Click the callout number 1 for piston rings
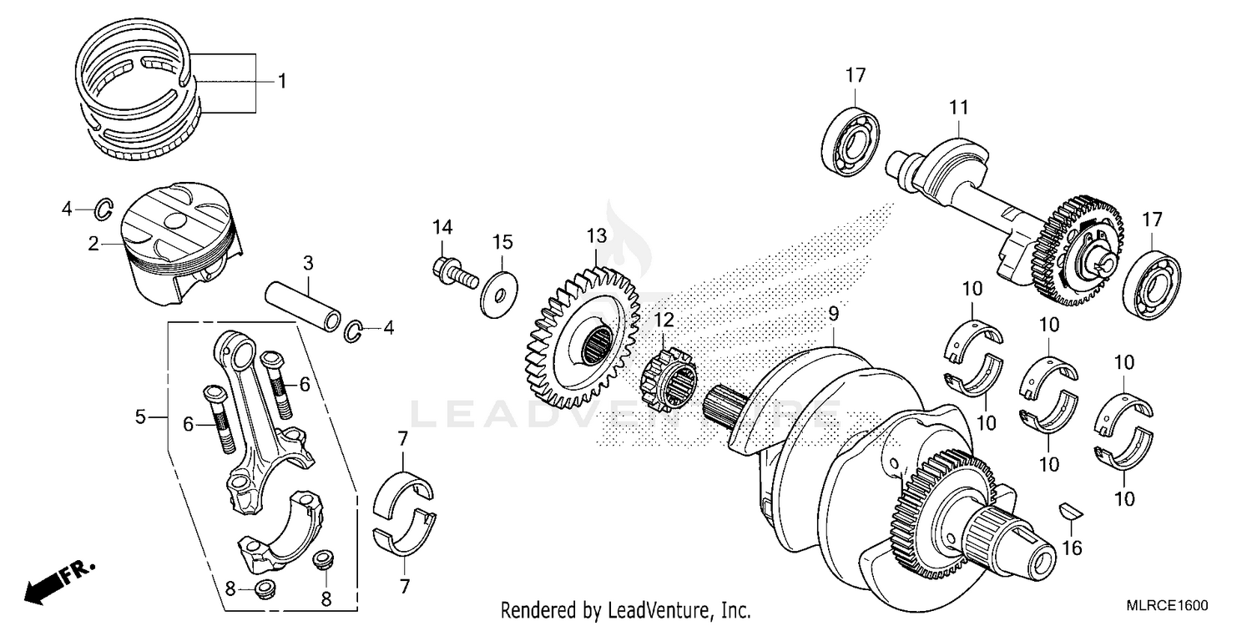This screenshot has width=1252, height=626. click(x=282, y=82)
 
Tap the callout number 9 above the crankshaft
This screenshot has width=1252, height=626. click(x=832, y=315)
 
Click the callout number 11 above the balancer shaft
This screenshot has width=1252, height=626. click(x=958, y=107)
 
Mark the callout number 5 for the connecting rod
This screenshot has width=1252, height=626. click(x=140, y=416)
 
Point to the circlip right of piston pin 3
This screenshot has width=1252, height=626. click(x=354, y=331)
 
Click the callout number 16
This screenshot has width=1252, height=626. click(x=1072, y=548)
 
